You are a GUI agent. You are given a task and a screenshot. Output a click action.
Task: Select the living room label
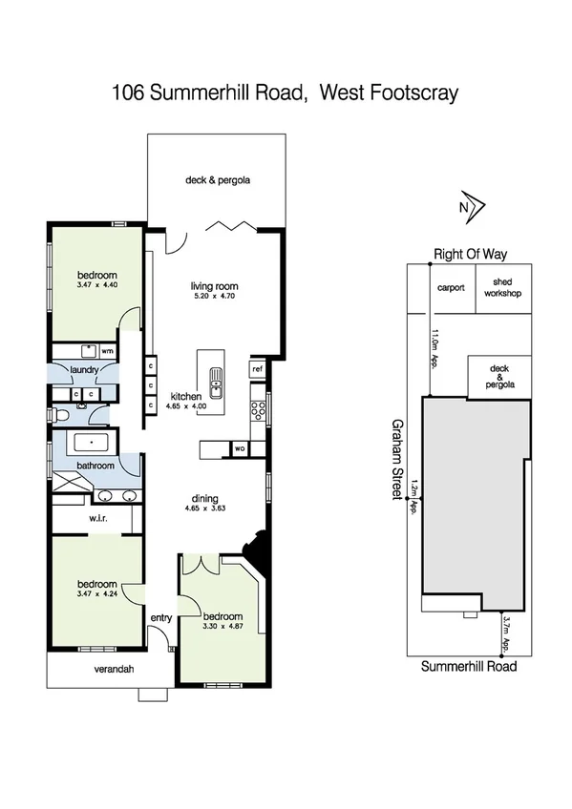tap(214, 286)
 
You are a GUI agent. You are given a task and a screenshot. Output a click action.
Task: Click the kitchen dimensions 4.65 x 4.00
tap(186, 407)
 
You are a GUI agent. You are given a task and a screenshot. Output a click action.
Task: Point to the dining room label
tap(205, 498)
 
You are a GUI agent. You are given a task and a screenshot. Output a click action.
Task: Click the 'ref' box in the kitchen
tap(257, 368)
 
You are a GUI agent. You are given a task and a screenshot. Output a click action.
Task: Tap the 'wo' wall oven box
tap(239, 447)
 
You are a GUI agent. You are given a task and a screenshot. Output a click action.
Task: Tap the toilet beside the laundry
tap(60, 416)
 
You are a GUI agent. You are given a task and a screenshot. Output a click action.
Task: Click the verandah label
tap(114, 669)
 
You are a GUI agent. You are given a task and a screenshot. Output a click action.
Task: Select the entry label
tap(160, 618)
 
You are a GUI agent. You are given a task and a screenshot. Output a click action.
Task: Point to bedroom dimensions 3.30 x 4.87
tap(222, 626)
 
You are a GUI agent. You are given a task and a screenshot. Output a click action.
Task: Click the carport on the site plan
tap(451, 287)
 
